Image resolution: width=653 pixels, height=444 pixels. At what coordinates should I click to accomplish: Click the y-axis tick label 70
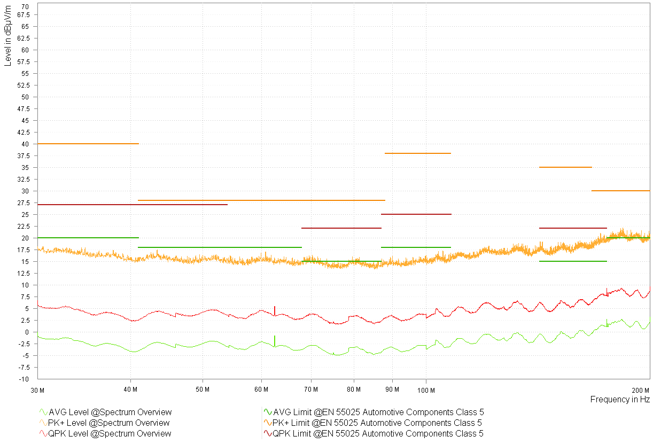[x=25, y=6]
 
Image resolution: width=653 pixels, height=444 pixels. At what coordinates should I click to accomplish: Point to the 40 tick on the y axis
[x=25, y=144]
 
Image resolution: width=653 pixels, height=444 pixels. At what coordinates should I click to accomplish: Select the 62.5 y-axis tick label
[x=23, y=38]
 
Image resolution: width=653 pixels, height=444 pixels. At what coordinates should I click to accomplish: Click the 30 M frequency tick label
[x=37, y=389]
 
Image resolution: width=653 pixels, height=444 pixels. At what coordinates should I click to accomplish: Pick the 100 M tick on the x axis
[x=426, y=389]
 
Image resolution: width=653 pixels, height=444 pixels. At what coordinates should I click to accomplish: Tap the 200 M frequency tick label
[x=640, y=389]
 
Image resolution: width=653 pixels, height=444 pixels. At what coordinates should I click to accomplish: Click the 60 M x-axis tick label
[x=261, y=389]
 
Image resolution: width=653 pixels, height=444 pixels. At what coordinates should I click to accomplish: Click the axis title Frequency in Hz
[x=620, y=400]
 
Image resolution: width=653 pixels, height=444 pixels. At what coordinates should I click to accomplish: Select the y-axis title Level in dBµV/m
[x=8, y=35]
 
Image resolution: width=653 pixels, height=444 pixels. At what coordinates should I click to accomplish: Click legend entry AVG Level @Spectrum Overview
[x=110, y=412]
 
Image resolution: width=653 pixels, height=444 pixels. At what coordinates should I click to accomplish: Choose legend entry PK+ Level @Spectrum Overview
[x=109, y=423]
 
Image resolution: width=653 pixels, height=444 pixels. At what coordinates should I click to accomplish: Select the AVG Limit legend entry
[x=378, y=412]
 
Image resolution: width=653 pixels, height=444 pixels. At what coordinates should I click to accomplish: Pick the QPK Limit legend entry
[x=378, y=434]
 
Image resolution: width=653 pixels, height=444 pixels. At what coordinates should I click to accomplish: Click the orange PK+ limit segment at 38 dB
[x=418, y=153]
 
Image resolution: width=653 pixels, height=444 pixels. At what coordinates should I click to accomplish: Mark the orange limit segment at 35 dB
[x=565, y=167]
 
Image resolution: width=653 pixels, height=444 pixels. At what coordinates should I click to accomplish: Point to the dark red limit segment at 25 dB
[x=416, y=214]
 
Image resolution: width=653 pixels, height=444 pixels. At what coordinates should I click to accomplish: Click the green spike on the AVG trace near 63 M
[x=275, y=340]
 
